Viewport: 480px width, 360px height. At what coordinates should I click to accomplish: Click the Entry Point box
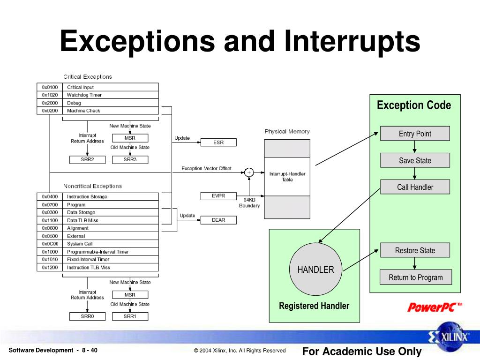[x=415, y=134]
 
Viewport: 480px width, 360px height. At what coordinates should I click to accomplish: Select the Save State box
[x=415, y=160]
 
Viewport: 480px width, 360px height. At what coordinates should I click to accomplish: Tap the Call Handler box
[x=415, y=187]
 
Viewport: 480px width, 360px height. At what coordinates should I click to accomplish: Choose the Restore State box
[x=415, y=250]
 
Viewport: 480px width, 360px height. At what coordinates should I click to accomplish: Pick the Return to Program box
[x=415, y=277]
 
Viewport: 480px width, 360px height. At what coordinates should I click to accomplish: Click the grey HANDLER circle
[x=315, y=270]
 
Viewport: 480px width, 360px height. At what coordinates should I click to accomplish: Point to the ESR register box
[x=218, y=142]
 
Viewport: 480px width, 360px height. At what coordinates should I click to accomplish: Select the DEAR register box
[x=218, y=220]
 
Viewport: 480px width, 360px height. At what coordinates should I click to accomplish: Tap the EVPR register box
[x=218, y=196]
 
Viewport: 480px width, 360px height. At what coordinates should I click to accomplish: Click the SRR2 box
[x=88, y=160]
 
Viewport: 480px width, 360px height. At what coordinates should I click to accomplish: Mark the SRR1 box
[x=130, y=316]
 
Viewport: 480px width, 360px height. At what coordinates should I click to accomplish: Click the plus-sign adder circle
[x=249, y=172]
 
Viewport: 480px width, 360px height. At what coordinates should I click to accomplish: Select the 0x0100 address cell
[x=50, y=87]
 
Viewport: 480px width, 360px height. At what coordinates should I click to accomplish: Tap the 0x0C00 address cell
[x=50, y=244]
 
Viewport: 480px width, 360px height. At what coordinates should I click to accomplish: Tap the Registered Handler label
[x=314, y=306]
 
